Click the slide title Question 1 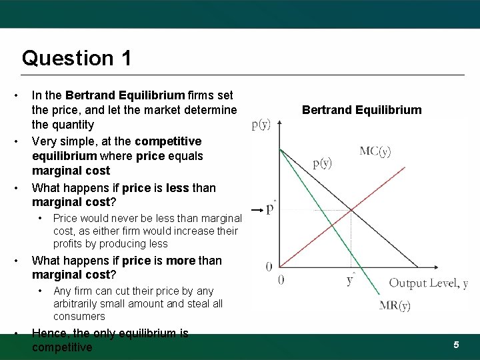click(76, 58)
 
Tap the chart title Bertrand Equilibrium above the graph click(361, 110)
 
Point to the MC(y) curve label click(375, 151)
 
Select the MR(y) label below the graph click(395, 306)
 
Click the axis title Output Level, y click(428, 283)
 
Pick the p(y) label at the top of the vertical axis click(261, 124)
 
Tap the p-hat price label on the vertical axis click(271, 209)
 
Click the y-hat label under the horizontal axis click(350, 279)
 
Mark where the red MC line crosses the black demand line click(351, 211)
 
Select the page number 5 click(456, 345)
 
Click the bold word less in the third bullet click(177, 188)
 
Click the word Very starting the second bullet click(45, 141)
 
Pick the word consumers click(79, 316)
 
